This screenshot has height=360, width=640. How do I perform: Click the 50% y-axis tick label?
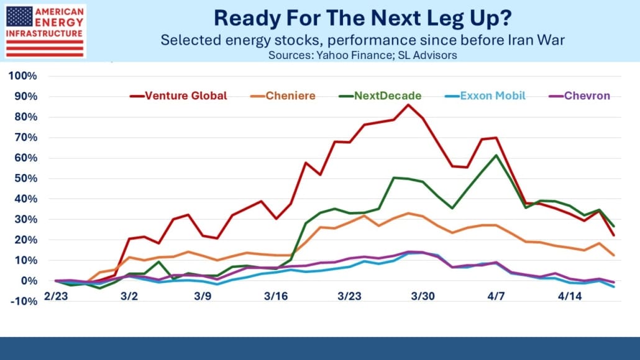[27, 178]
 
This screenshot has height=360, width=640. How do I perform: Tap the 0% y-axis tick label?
[30, 281]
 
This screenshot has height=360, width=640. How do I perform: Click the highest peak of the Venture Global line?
[408, 104]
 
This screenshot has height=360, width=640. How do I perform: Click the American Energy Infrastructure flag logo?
[43, 30]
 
